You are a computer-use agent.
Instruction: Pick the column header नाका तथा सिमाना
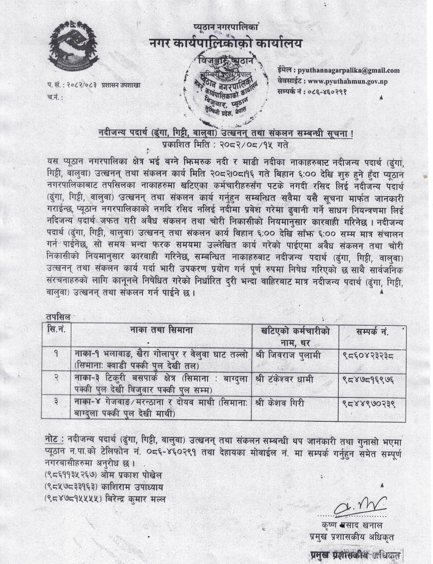point(161,331)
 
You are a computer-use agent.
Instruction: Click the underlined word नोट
point(53,440)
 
